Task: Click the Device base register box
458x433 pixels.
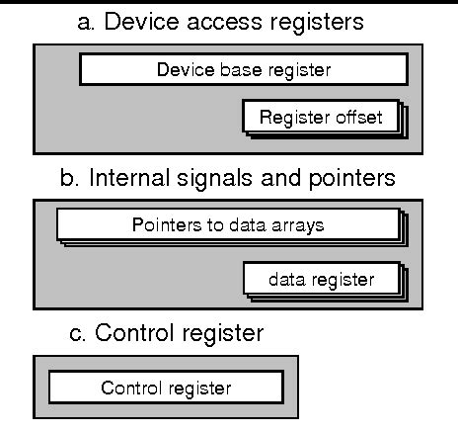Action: [243, 69]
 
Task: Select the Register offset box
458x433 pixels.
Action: [321, 118]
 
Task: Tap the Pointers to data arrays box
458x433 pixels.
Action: [228, 224]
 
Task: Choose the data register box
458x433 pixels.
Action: [321, 279]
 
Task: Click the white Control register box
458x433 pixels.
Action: [166, 387]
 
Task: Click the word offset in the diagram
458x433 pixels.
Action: [350, 118]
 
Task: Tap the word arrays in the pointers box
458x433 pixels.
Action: [300, 224]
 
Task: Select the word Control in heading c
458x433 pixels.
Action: [130, 333]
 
